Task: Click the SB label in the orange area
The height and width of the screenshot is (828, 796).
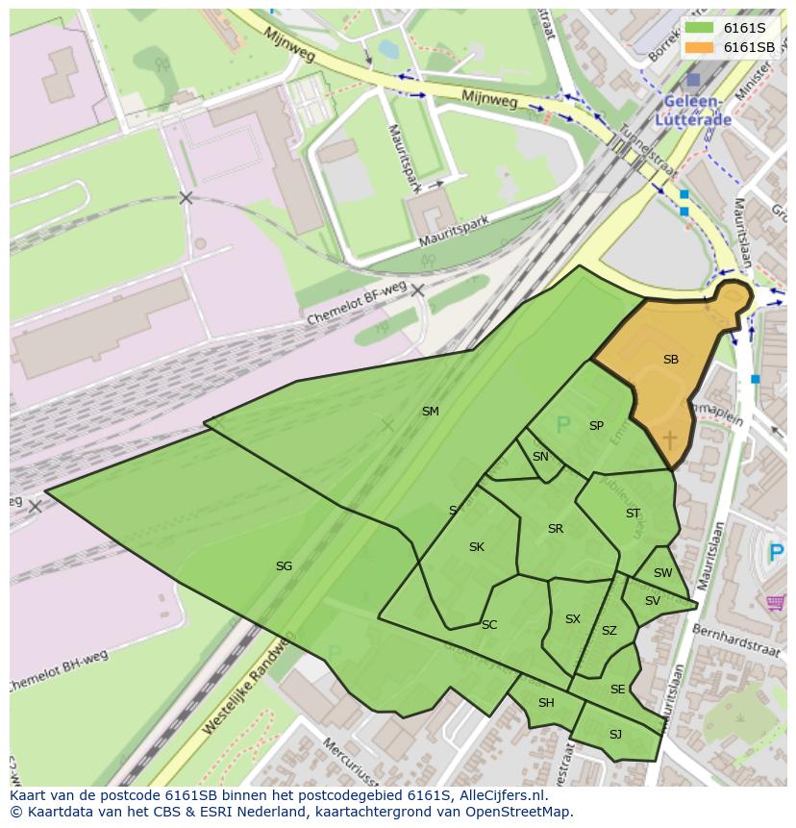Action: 670,360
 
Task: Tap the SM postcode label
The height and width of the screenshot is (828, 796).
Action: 430,412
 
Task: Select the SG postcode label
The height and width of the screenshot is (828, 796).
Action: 284,566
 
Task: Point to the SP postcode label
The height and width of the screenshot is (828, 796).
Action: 596,426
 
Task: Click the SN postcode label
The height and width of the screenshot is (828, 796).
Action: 540,457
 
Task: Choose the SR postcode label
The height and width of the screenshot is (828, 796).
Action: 555,529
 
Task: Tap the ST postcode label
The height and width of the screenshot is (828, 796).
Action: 633,514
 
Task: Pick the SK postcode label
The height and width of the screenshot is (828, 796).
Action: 476,547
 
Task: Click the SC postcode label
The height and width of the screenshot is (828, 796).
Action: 489,625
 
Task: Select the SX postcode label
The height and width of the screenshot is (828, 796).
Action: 572,619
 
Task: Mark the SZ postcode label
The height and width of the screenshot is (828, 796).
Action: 609,632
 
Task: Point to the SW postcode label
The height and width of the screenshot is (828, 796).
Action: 662,573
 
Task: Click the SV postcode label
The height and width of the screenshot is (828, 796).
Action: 653,601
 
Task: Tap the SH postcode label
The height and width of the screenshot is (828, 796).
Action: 546,703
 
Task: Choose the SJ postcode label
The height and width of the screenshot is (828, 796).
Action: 615,735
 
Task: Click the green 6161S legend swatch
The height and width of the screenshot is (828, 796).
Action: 699,28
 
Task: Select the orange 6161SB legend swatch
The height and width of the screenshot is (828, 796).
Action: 699,46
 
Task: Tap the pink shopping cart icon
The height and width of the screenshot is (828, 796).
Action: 776,603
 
